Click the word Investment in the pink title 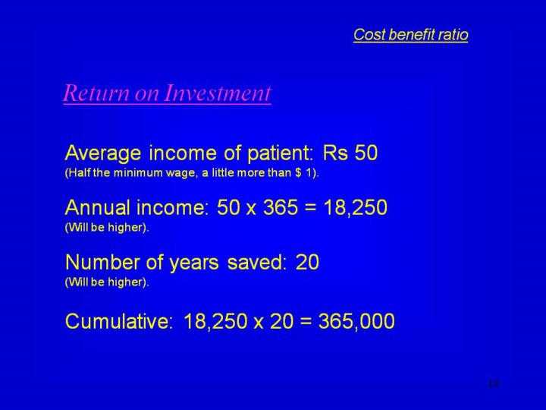coord(217,93)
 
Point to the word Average coord(103,153)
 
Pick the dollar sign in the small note coord(298,173)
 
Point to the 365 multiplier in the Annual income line coord(281,207)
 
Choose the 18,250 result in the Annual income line coord(355,207)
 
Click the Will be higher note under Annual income coord(107,227)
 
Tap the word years coord(194,263)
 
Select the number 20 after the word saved coord(307,262)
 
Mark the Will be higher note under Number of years coord(107,282)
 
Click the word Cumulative coord(119,320)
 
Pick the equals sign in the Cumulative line coord(306,321)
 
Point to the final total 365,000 coord(356,321)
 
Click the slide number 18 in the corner coord(494,383)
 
